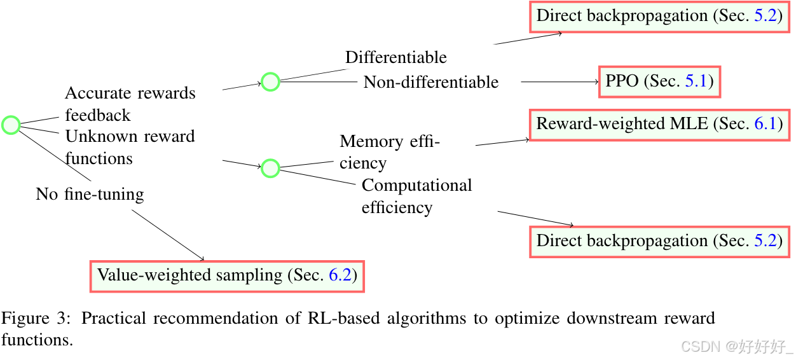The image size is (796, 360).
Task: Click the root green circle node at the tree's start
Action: (x=11, y=125)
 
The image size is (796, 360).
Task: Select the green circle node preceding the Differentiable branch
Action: (x=270, y=81)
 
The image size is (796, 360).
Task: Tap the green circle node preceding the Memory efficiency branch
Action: (x=270, y=168)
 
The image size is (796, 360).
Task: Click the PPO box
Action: (x=659, y=81)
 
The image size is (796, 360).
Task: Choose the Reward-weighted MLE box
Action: (x=659, y=123)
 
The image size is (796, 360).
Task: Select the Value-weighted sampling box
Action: (x=227, y=275)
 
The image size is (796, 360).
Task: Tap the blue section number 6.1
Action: (x=765, y=123)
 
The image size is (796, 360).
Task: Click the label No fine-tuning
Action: (x=90, y=194)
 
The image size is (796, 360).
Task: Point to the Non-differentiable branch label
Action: (x=431, y=82)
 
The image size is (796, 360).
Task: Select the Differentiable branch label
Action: (x=395, y=57)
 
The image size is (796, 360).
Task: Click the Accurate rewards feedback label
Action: (x=130, y=104)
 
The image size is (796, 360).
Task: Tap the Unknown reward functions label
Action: (x=130, y=147)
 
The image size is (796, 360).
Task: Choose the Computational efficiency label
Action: (x=416, y=197)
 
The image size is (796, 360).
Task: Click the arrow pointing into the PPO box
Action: (x=559, y=81)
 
